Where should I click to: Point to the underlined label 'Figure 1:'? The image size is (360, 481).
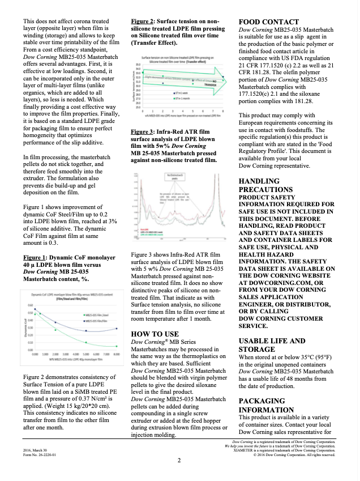click(x=34, y=257)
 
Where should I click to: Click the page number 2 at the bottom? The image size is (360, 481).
click(x=179, y=461)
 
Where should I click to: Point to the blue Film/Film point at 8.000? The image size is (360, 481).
click(x=115, y=328)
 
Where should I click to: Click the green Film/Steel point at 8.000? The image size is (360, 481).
click(x=115, y=346)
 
